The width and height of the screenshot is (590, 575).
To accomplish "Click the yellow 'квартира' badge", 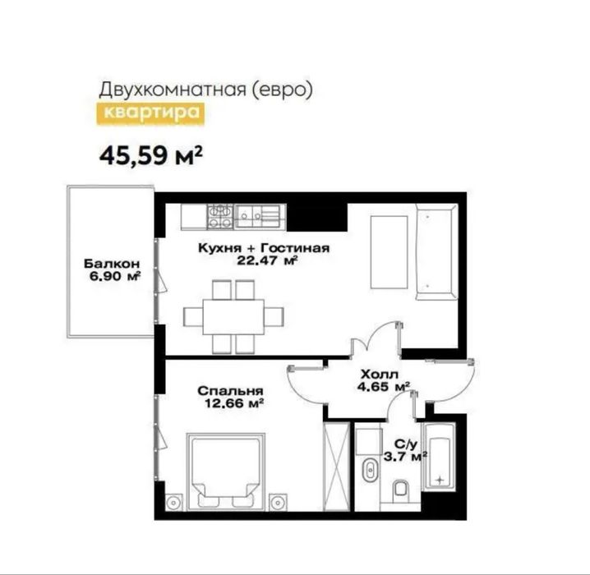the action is pos(151,113).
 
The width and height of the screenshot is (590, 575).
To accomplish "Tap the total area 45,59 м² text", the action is pos(151,155).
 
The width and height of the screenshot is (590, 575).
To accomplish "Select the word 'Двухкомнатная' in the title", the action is pos(172,90).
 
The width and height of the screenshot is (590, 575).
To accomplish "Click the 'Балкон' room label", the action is pos(112,264).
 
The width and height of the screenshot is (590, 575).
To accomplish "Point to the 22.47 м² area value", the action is pos(268,260).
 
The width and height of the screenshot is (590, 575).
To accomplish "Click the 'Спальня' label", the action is pos(230,391).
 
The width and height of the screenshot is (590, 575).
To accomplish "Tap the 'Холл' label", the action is pos(379,375).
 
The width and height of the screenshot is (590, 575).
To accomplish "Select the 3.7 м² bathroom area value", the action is pos(405,457).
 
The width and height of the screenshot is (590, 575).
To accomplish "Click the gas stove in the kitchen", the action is pos(220,217).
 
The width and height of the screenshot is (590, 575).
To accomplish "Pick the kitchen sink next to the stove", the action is pos(258,217).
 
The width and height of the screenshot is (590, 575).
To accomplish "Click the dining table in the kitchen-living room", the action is pos(233,316).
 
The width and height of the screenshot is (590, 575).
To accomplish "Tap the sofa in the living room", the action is pos(436,252).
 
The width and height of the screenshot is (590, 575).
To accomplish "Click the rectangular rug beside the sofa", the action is pos(389,252).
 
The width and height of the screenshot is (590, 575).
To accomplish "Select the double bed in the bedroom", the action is pos(226,472).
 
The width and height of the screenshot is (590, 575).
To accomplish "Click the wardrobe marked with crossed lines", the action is pos(336,467).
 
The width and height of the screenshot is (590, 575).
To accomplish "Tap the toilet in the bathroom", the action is pos(399,490).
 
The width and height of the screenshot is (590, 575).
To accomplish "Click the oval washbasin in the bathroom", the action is pos(371,469).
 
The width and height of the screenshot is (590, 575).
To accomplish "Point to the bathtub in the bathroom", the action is pos(439,457).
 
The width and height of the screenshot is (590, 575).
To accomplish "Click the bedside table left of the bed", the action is pos(174,502).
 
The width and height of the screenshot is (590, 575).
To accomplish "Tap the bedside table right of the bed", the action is pos(279,502).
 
